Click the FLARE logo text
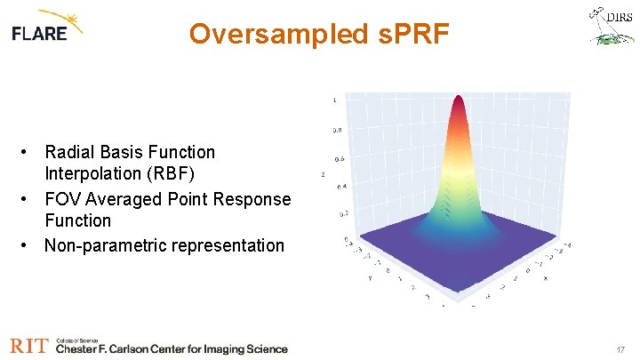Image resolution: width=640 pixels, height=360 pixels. click(40, 33)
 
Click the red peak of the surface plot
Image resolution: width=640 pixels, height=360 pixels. click(460, 101)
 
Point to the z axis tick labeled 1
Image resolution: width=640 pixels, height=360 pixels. click(334, 100)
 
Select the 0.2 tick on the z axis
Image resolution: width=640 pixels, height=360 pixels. click(342, 214)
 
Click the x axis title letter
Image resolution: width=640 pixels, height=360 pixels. click(544, 278)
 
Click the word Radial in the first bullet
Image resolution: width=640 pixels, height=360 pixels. click(68, 152)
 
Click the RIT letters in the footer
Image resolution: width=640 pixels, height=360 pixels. click(29, 347)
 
